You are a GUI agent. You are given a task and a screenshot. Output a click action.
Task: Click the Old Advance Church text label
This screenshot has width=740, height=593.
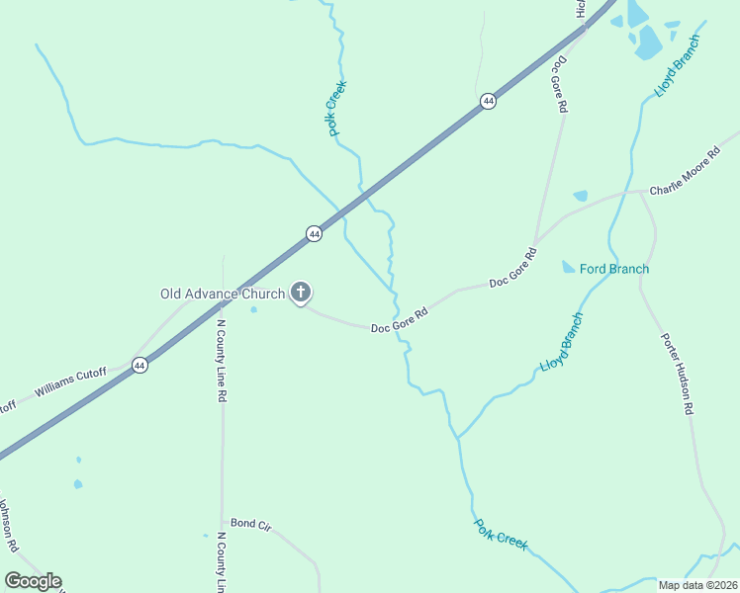pyautogui.click(x=223, y=294)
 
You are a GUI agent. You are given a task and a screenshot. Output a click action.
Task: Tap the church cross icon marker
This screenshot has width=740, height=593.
pyautogui.click(x=301, y=293)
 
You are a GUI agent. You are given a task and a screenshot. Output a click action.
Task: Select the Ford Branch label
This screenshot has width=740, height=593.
pyautogui.click(x=614, y=269)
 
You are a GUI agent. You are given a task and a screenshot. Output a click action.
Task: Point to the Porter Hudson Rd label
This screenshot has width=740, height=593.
pyautogui.click(x=678, y=373)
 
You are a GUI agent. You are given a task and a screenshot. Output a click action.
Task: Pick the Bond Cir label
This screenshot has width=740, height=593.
pyautogui.click(x=250, y=524)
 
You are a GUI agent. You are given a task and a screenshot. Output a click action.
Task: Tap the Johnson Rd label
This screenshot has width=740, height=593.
pyautogui.click(x=7, y=524)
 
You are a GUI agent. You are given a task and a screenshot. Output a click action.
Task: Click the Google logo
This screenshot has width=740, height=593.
pyautogui.click(x=33, y=581)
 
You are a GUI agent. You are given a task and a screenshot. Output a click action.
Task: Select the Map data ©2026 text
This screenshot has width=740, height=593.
pyautogui.click(x=697, y=585)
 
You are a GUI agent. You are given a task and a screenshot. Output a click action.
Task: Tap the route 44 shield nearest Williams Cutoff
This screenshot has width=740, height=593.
pyautogui.click(x=139, y=365)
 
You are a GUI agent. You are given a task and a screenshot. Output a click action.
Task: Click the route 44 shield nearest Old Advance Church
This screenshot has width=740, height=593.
pyautogui.click(x=314, y=234)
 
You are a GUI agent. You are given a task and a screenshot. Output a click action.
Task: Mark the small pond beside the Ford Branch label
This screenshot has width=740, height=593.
pyautogui.click(x=568, y=267)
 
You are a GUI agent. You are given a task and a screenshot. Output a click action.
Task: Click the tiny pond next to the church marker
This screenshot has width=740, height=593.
pyautogui.click(x=254, y=310)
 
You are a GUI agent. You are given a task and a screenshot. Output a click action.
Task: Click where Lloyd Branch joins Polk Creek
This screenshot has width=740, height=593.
pyautogui.click(x=457, y=437)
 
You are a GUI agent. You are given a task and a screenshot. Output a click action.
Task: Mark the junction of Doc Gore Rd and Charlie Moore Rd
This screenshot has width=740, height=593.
pyautogui.click(x=535, y=244)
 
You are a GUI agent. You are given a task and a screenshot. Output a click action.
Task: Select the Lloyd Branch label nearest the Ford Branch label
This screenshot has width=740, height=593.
pyautogui.click(x=562, y=343)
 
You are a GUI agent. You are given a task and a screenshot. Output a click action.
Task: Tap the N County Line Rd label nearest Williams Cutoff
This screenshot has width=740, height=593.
pyautogui.click(x=223, y=353)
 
